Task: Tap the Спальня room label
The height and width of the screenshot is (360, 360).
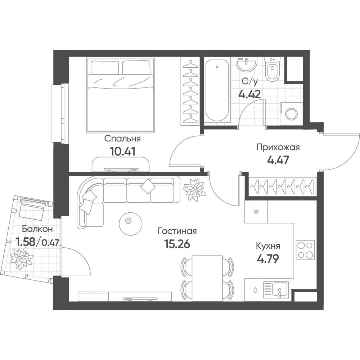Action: pos(122,139)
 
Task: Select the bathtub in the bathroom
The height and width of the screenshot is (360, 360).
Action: pos(217,90)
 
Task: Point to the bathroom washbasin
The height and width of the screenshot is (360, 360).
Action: pos(247,63)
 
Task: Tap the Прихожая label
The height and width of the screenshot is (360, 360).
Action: pos(278,147)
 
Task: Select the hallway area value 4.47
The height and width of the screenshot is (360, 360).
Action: pos(278,160)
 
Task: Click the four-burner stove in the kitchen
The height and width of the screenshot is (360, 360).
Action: pos(305,250)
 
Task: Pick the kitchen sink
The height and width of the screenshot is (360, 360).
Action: pos(276,290)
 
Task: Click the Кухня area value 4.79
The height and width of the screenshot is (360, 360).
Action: pos(268,259)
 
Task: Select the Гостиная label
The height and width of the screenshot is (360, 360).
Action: pos(177,231)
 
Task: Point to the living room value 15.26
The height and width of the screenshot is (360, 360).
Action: pos(177,244)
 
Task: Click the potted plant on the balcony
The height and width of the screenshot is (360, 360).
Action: pos(22,258)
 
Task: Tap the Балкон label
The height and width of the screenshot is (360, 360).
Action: pos(37,229)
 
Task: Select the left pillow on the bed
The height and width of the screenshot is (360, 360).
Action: pos(105,67)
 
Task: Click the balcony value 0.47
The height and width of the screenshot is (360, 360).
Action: pos(50,242)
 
